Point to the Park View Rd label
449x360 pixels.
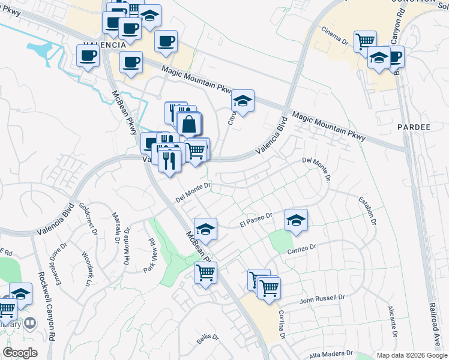point(150,256)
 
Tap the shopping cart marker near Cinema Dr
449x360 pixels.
point(364,41)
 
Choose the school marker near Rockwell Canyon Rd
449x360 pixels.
point(20,294)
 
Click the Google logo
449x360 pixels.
point(20,353)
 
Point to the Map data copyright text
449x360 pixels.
point(411,355)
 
